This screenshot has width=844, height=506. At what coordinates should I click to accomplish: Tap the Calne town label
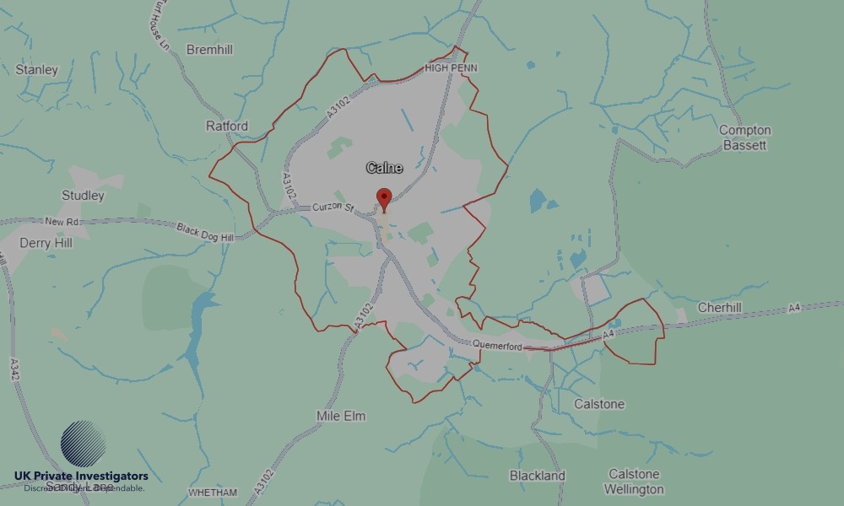384,168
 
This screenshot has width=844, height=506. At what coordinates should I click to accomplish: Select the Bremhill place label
208,50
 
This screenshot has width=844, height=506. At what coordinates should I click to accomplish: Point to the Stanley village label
37,70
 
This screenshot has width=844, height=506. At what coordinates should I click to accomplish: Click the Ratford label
227,126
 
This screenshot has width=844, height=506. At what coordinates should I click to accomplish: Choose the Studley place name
83,196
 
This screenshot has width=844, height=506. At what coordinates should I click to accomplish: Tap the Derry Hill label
46,243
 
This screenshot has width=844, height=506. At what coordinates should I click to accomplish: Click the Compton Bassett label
744,137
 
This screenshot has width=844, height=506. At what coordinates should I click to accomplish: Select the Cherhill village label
719,308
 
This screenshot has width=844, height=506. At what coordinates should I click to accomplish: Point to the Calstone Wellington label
635,482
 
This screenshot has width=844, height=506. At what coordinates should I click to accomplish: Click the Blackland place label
537,476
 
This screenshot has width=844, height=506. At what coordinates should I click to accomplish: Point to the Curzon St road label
331,207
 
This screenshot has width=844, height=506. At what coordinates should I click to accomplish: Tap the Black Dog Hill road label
204,231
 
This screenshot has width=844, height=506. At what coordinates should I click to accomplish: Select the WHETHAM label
213,493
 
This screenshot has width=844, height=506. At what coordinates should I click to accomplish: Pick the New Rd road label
62,222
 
